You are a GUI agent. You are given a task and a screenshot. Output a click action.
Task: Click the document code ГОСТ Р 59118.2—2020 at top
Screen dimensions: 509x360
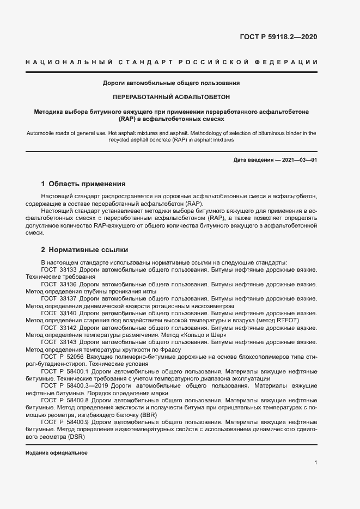point(278,38)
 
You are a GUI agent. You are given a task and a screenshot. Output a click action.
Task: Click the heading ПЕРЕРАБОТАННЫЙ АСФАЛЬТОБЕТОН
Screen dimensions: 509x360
point(172,97)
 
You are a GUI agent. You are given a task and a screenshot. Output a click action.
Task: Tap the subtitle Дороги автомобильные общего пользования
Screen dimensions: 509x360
point(172,83)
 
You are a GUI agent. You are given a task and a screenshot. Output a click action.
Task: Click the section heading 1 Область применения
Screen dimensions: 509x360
point(83,184)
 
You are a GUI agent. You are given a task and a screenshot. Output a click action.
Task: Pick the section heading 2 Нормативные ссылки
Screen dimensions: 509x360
point(84,250)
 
